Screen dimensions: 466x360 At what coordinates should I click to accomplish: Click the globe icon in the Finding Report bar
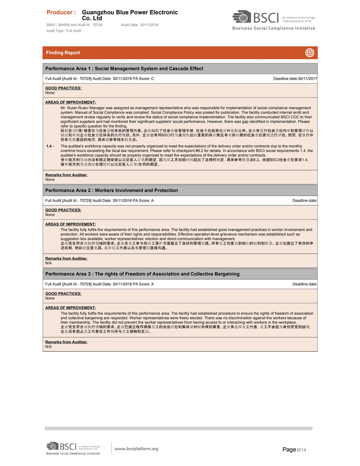(310, 52)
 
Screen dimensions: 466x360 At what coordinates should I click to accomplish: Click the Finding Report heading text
(63, 53)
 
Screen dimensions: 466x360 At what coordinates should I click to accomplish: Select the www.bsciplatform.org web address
(136, 449)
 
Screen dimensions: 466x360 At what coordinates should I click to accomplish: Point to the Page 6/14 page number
(294, 449)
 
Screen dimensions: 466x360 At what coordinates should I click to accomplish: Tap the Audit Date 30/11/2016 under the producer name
(140, 25)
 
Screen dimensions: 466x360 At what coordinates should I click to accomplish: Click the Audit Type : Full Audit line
(64, 30)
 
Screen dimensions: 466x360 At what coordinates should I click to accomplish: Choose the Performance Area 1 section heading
(124, 69)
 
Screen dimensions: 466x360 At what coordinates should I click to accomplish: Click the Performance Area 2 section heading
(111, 191)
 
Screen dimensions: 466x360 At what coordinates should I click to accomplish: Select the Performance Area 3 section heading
(142, 274)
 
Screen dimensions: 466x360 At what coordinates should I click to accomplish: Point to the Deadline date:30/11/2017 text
(295, 78)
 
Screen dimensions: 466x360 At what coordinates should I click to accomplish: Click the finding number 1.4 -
(50, 146)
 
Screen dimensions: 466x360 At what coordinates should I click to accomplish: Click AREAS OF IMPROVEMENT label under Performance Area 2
(71, 224)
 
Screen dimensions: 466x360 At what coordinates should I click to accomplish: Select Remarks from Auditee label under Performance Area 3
(66, 342)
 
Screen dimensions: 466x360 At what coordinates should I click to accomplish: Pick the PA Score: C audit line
(100, 78)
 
